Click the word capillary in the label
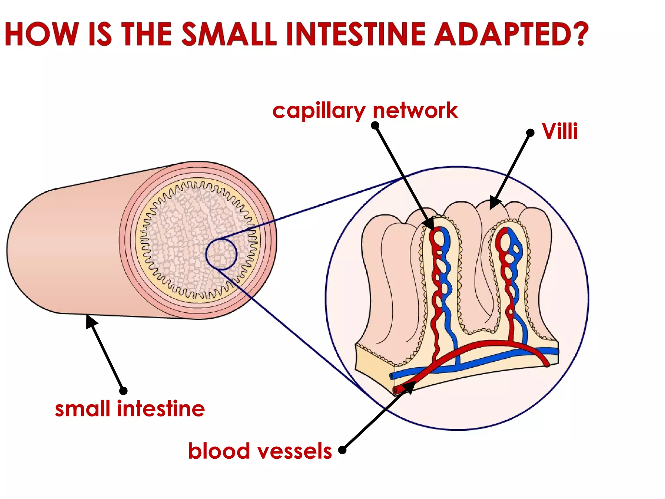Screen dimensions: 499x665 [x=319, y=111]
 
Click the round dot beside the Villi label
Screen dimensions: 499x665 [x=530, y=133]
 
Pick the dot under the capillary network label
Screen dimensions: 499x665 [x=375, y=125]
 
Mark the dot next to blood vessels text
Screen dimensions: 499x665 [x=342, y=450]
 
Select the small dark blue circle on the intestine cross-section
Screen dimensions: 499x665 [x=221, y=255]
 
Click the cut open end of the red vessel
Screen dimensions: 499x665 [x=396, y=390]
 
